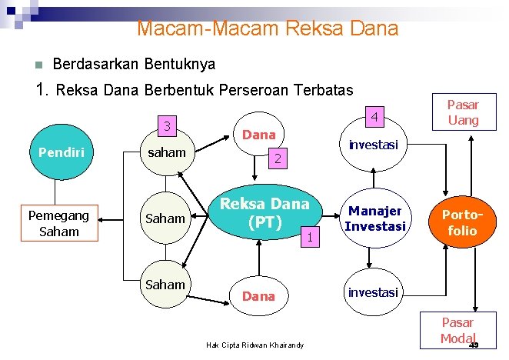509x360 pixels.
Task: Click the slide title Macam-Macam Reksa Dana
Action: coord(268,29)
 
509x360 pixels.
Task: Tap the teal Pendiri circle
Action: coord(58,152)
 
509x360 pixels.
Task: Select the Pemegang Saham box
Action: coord(59,224)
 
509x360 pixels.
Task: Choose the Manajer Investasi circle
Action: coord(374,218)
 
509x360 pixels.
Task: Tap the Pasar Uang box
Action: coord(463,112)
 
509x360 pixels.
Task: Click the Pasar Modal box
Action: coord(457,331)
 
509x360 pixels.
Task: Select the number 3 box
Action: coord(167,125)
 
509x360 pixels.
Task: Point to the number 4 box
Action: coord(373,117)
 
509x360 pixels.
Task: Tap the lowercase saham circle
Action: coord(167,152)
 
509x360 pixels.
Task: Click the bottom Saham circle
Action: coord(166,285)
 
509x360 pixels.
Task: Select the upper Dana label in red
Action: coord(258,135)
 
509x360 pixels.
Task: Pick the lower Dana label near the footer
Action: coord(258,295)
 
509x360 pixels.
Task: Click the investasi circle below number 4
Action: coord(373,144)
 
